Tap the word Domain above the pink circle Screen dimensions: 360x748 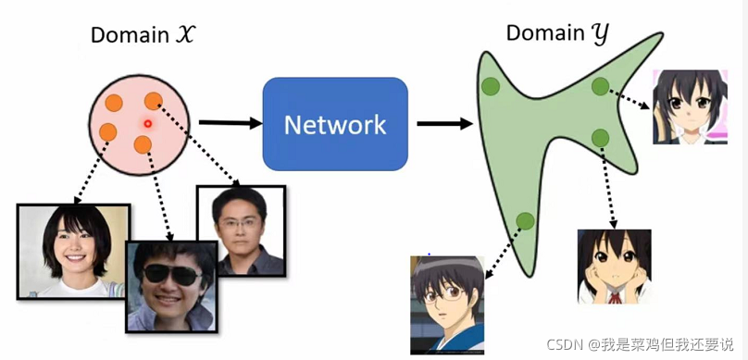(129, 34)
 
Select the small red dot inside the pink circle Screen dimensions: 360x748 (146, 123)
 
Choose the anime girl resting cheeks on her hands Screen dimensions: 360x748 (612, 266)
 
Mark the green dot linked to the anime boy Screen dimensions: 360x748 (525, 220)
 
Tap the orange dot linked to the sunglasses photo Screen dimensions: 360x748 (142, 144)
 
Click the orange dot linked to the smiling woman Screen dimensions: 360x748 (108, 131)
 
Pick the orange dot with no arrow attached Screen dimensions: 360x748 (115, 102)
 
